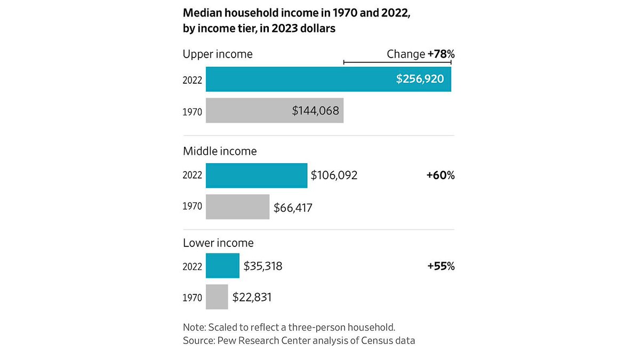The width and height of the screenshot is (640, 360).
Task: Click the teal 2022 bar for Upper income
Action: [299, 79]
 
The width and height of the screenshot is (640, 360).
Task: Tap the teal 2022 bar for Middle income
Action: [256, 175]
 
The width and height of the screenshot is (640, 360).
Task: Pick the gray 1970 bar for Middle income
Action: [237, 207]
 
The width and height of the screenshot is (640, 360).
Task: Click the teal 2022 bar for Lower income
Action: [222, 266]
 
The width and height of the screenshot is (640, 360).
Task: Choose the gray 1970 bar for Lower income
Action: [217, 297]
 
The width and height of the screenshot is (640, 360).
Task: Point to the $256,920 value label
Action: [420, 79]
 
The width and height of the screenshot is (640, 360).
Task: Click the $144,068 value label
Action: [315, 110]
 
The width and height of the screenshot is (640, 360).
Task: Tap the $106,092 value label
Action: [334, 175]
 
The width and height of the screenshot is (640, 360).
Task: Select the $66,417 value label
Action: [293, 207]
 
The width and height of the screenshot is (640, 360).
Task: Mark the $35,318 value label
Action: [263, 266]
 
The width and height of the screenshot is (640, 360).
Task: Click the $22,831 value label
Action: [252, 297]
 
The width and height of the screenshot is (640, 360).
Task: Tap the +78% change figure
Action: [441, 54]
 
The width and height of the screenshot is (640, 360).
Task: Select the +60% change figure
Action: [440, 175]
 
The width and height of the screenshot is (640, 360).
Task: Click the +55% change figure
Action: [440, 266]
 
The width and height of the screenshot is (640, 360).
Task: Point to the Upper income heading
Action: [218, 54]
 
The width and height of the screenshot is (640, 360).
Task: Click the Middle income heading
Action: [220, 151]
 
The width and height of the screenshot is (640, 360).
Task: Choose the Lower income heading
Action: [218, 243]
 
